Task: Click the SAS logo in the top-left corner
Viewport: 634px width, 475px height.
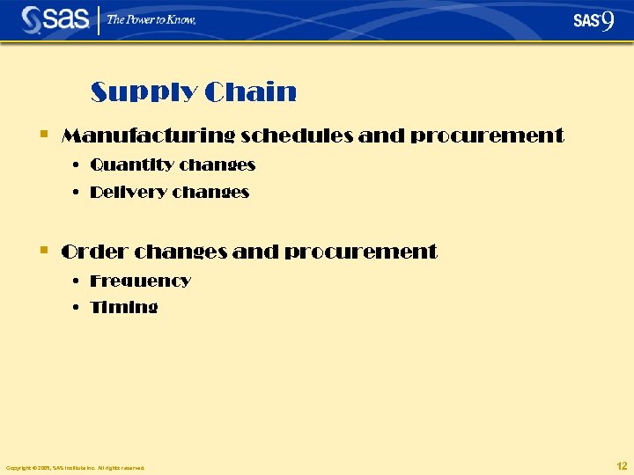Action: pos(55,19)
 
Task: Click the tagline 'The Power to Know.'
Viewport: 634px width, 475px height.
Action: pos(151,19)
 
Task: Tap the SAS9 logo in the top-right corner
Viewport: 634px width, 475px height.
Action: pos(593,19)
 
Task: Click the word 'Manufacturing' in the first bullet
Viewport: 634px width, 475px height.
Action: pos(148,136)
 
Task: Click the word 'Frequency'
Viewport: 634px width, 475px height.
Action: pos(141,281)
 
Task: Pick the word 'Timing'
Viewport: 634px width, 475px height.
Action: pos(124,308)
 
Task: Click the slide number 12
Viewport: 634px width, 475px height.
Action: pos(622,465)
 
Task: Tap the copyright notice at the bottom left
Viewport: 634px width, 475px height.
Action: pos(75,467)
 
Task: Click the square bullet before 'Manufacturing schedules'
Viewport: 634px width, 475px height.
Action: pos(44,135)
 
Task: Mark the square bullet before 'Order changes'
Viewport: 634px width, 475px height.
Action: pos(44,252)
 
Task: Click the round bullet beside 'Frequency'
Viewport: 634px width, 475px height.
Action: pos(77,281)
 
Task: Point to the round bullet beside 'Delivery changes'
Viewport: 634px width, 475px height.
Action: pos(77,192)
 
